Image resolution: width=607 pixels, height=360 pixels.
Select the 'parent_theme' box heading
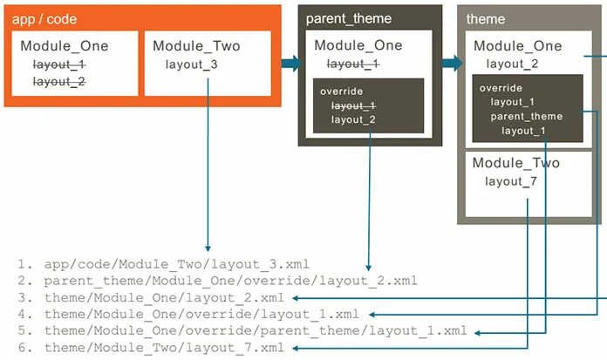(x=349, y=18)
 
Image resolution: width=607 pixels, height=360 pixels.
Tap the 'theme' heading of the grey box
(x=486, y=18)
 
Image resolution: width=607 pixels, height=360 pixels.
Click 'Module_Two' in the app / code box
(x=196, y=46)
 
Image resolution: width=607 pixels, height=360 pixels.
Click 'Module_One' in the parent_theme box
(x=358, y=46)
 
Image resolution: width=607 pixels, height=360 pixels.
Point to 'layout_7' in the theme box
(x=511, y=181)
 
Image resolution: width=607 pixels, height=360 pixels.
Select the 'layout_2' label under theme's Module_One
(x=513, y=64)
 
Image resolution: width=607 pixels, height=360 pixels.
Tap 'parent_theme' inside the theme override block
(x=527, y=117)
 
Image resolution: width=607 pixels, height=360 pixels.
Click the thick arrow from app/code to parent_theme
(x=290, y=63)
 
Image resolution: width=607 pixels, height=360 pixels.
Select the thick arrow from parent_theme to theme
(x=452, y=63)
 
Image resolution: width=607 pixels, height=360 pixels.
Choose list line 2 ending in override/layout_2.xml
(x=229, y=281)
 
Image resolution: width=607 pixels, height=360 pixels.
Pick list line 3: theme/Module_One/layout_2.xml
(x=164, y=298)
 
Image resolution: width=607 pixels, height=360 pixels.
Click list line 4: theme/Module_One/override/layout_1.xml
(x=201, y=315)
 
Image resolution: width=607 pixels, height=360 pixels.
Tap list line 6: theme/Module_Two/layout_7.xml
(x=164, y=349)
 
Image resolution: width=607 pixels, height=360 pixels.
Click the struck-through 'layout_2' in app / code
(x=59, y=82)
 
